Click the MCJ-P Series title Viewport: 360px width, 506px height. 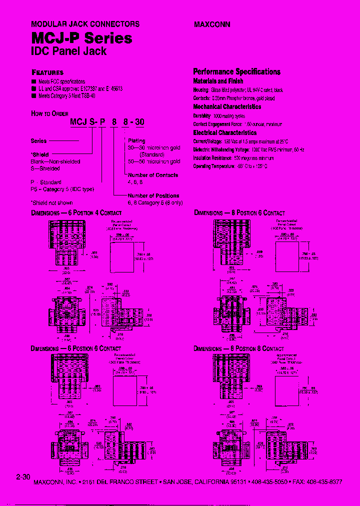pos(81,38)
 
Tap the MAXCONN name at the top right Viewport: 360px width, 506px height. pos(211,24)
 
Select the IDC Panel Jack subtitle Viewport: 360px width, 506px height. pos(69,51)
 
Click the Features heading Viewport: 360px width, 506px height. pos(47,72)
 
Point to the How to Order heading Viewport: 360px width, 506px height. pos(49,113)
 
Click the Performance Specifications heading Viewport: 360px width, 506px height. pos(236,71)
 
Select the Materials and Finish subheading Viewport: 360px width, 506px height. pos(218,81)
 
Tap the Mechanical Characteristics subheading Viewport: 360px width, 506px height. pos(227,106)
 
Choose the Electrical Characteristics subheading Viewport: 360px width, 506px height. pos(225,132)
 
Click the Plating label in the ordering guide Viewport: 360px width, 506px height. pos(136,141)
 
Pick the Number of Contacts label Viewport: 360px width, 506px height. pos(153,175)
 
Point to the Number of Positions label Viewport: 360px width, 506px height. pos(153,196)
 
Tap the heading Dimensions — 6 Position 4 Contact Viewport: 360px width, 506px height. pos(76,213)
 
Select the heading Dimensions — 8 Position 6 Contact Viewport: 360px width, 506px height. pos(239,213)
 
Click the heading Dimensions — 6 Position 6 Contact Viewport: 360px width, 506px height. pos(76,348)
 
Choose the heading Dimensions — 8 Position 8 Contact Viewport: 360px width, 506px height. pos(239,348)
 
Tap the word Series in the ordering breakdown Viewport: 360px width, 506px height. pos(39,141)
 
